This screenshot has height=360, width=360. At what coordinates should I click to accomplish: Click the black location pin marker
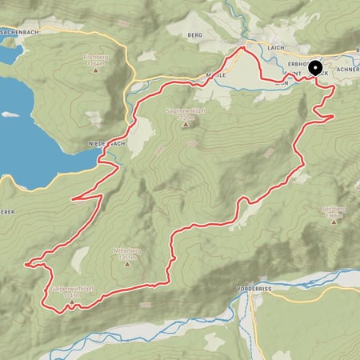[x=314, y=69]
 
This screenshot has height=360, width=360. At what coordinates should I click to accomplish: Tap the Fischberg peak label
[x=96, y=58]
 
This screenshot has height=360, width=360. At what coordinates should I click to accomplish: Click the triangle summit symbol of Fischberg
[x=96, y=70]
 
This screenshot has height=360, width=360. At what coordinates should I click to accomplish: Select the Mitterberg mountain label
[x=128, y=250]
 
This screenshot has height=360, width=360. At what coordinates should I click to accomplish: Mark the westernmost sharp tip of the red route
[x=26, y=262]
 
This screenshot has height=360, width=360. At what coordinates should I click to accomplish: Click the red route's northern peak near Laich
[x=242, y=49]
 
